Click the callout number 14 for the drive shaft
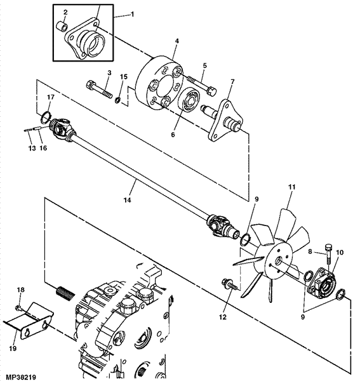tap(127, 200)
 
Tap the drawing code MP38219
tap(21, 377)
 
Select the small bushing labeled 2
tap(62, 26)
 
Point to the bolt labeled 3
tap(99, 90)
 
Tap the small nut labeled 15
tap(118, 100)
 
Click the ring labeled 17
tap(46, 117)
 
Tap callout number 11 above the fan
tap(291, 187)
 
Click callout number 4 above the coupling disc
tap(177, 41)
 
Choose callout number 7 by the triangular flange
tap(232, 81)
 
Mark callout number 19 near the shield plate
tap(13, 348)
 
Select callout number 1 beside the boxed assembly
tap(133, 15)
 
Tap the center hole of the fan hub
tap(278, 261)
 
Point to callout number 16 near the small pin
tap(43, 148)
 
